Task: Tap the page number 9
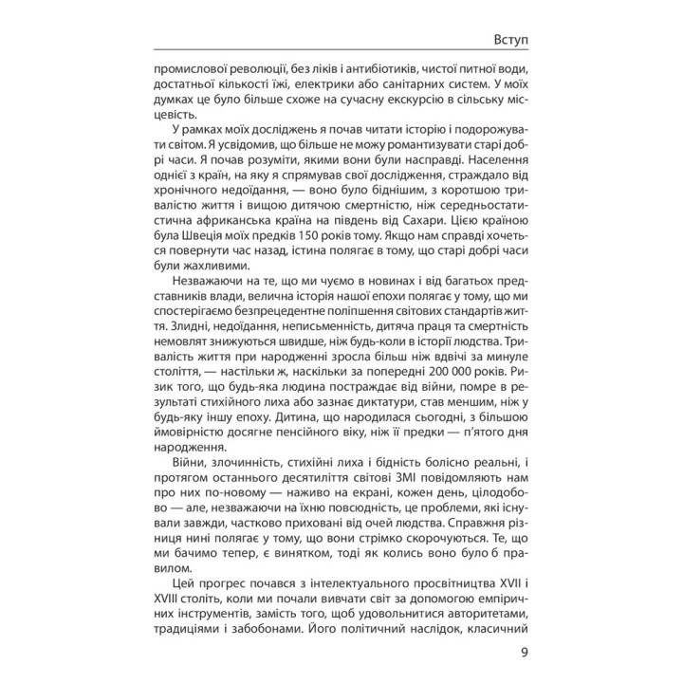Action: coord(526,652)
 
